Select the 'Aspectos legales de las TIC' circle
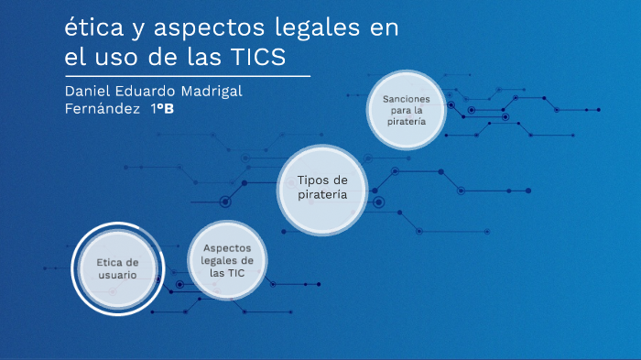tap(227, 260)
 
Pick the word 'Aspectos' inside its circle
tap(227, 247)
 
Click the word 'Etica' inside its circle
tap(111, 262)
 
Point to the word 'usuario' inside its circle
tap(118, 275)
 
